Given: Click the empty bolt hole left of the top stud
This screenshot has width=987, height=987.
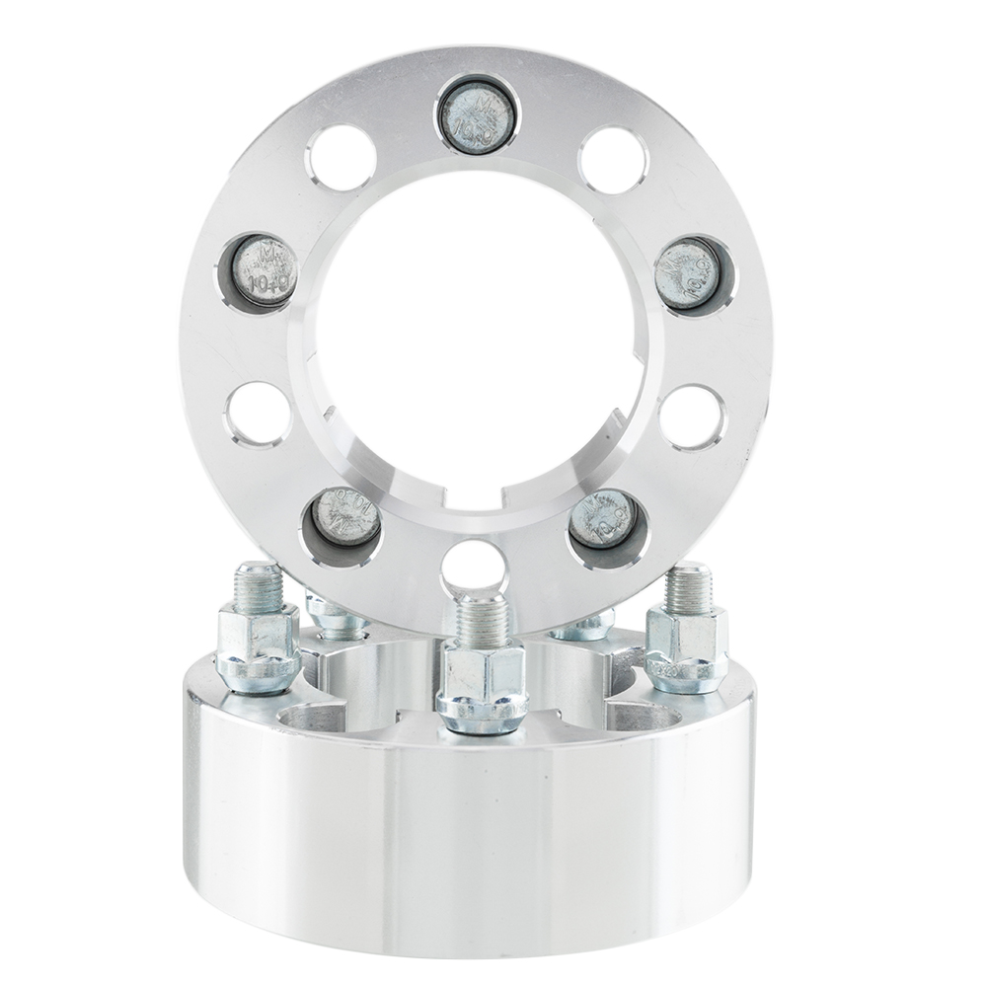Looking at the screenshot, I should (x=341, y=158).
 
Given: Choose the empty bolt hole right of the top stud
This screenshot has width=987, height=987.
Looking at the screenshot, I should (x=613, y=159).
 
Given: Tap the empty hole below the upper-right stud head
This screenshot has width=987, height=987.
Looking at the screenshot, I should (x=692, y=416).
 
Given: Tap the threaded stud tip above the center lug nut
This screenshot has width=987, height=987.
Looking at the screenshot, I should (x=483, y=610).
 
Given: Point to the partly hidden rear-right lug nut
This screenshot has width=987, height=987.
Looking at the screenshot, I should (x=584, y=626).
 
